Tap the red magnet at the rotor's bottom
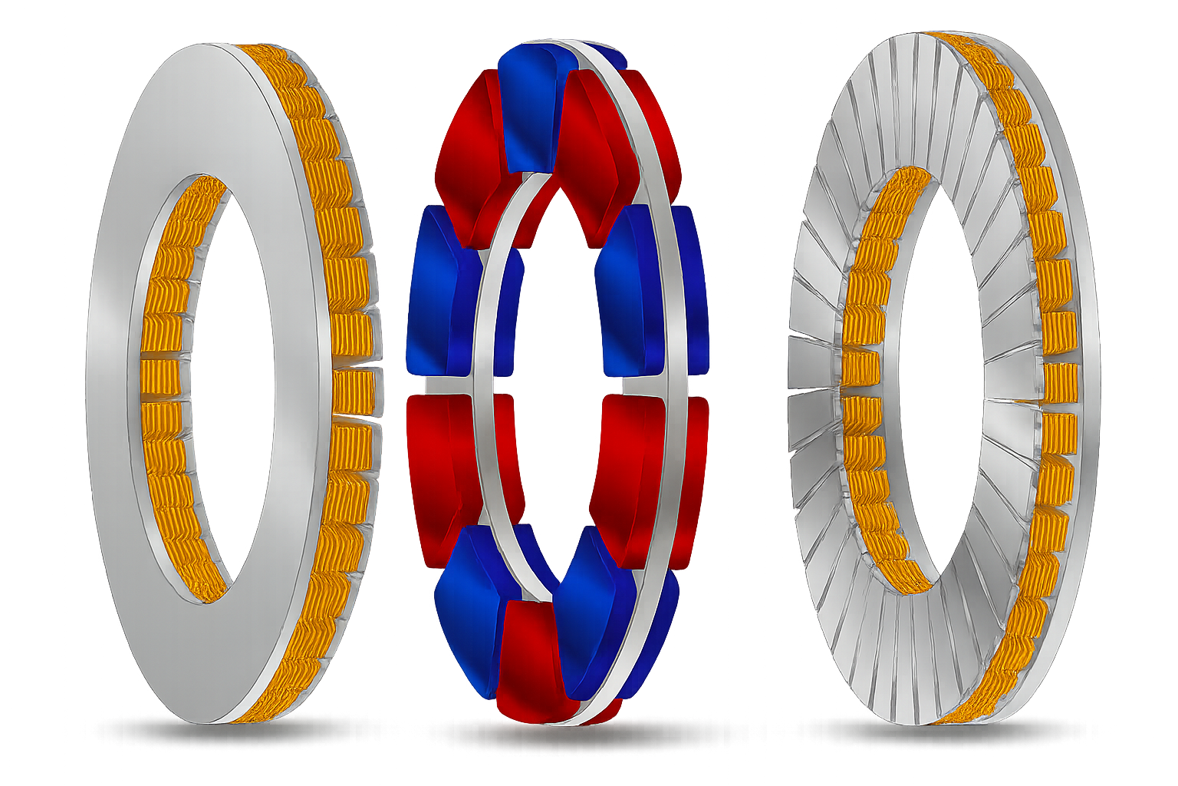coord(529,660)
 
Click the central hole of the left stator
coord(230,384)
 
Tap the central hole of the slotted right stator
coord(936,384)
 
